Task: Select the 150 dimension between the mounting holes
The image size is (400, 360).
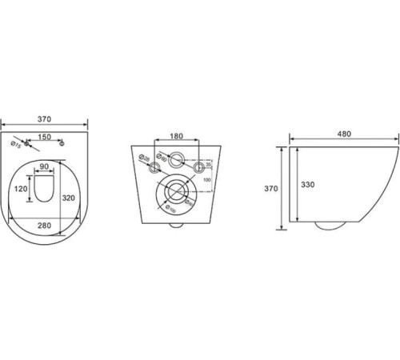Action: click(x=46, y=138)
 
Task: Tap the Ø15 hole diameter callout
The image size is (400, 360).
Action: click(x=16, y=146)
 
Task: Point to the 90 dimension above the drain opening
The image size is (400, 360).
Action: click(x=46, y=167)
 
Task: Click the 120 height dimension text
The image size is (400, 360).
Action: click(x=22, y=190)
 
